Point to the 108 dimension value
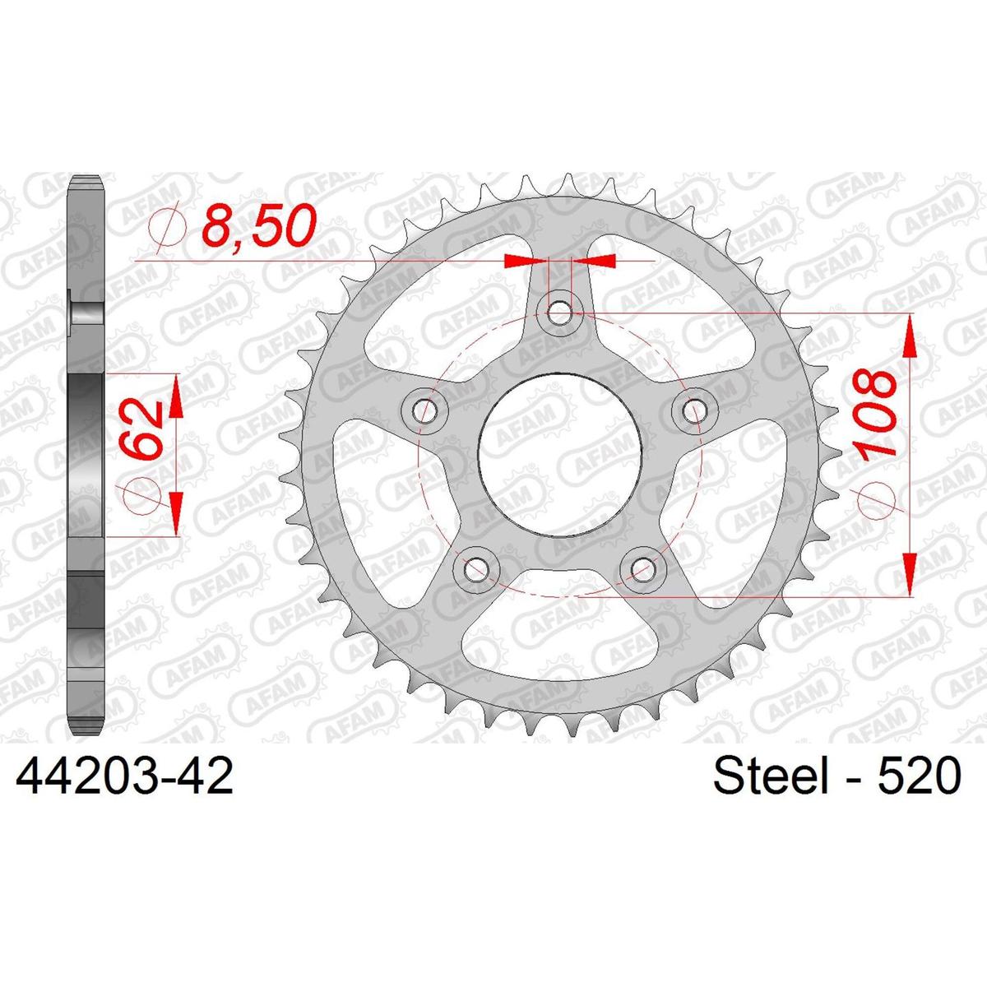tap(878, 413)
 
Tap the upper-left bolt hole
tap(424, 409)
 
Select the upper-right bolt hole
tap(693, 410)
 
